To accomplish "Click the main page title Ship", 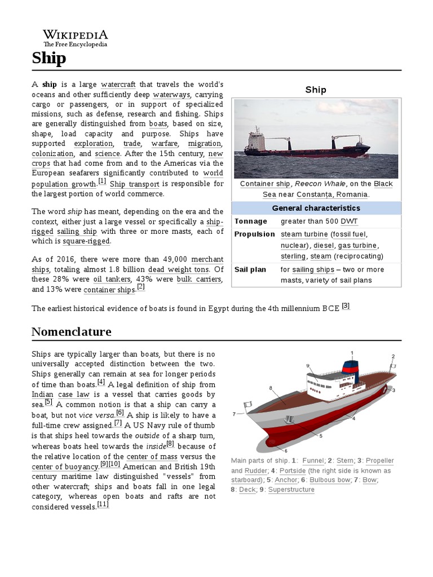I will [48, 58].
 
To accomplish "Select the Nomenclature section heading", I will [71, 331].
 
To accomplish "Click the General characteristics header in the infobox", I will [317, 208].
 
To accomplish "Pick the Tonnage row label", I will [251, 221].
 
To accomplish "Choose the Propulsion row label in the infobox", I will [255, 234].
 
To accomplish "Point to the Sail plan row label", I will [250, 269].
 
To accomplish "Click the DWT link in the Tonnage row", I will [349, 221].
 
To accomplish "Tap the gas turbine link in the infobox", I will [358, 245].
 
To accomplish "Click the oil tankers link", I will [113, 279].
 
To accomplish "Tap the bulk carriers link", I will [192, 279].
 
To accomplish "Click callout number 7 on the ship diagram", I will [234, 414].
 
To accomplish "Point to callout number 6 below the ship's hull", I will [286, 451].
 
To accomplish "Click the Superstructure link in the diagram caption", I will [291, 490].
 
